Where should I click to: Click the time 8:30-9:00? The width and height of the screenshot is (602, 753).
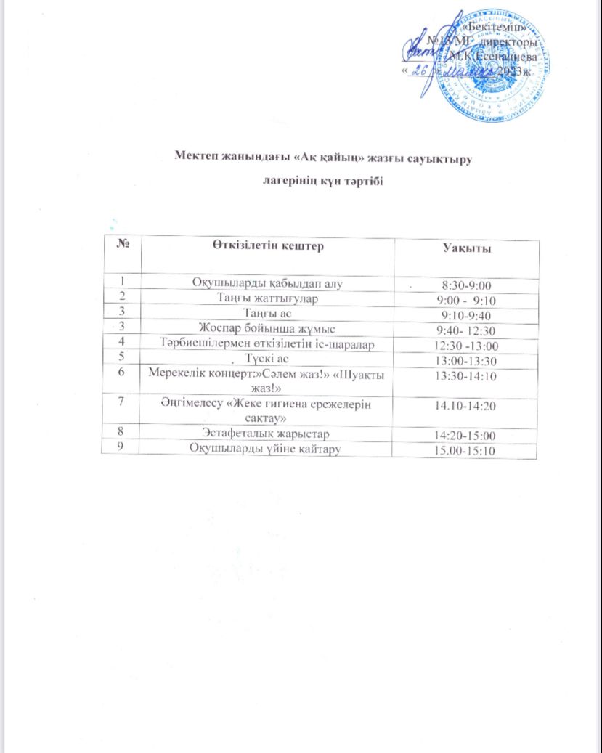click(466, 285)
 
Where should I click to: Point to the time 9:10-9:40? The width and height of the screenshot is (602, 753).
click(466, 315)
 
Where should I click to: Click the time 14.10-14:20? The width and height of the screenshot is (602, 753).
click(466, 405)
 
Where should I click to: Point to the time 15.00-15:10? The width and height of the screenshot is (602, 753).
click(466, 451)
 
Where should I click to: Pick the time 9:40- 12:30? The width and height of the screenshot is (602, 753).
click(468, 330)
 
